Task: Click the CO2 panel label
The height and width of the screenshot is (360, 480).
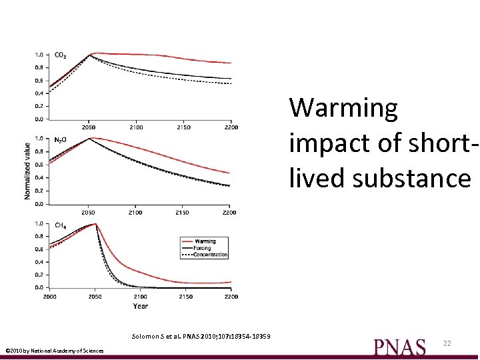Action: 60,55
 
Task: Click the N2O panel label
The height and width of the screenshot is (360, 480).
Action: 60,140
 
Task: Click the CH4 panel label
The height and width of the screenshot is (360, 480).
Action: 60,225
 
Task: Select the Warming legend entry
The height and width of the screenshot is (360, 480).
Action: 205,241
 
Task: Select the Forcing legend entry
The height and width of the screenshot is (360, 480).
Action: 201,248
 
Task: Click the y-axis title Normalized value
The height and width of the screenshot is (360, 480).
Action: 27,171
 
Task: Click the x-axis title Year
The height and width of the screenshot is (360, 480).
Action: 140,306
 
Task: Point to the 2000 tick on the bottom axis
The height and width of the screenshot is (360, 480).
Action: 50,296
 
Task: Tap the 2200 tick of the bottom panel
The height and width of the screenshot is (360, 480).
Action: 231,296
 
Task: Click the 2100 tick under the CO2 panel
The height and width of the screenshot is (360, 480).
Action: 136,127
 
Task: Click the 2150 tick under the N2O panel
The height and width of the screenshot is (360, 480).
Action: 182,213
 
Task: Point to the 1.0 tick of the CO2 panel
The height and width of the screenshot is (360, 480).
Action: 39,55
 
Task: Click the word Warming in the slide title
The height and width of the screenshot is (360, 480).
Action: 343,107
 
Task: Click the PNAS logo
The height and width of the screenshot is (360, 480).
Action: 399,347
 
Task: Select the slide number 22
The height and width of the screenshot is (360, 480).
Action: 447,343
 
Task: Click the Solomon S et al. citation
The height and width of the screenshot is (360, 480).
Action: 201,335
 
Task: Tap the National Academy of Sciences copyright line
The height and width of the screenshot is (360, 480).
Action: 54,351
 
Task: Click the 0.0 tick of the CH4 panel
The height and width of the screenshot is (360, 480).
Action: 39,287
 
